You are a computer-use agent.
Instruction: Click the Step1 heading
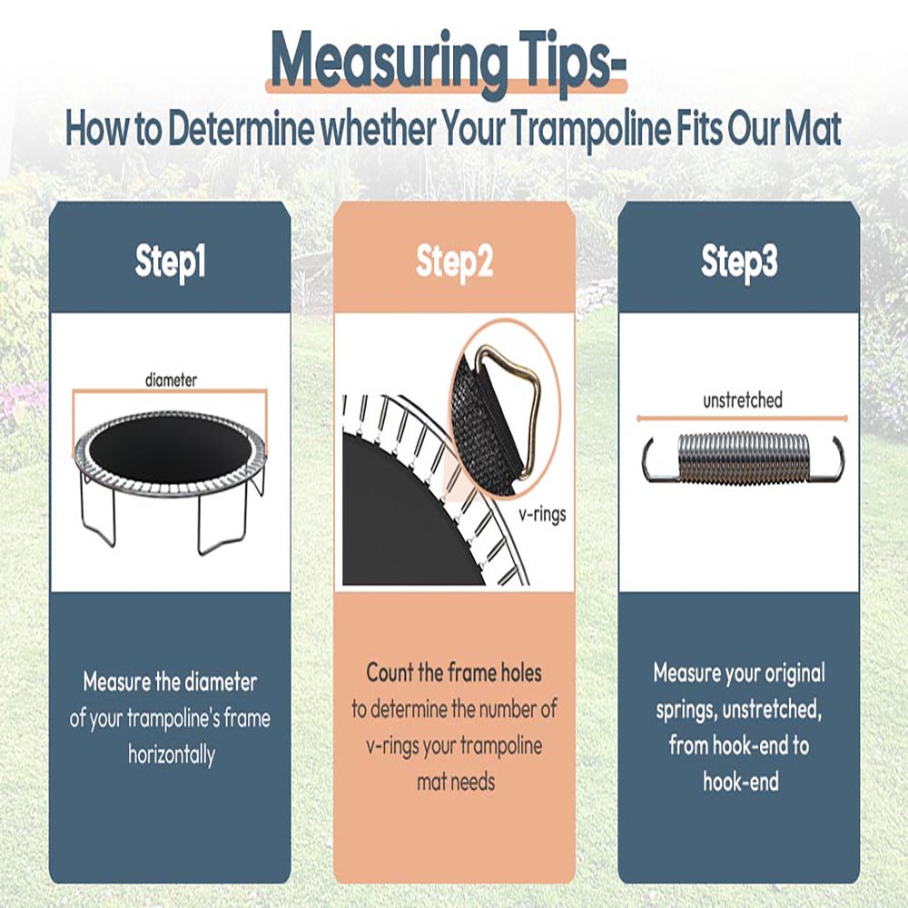click(171, 262)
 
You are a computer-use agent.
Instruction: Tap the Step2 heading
click(455, 262)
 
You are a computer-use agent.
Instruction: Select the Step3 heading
click(739, 262)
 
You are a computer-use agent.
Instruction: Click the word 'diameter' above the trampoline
click(171, 380)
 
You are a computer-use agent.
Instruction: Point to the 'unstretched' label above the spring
click(743, 400)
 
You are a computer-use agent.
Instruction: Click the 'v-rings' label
click(543, 514)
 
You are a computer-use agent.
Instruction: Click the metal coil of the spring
click(743, 459)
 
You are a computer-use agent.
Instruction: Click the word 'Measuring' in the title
click(389, 60)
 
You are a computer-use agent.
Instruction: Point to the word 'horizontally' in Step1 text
click(172, 755)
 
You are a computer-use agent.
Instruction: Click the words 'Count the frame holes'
click(455, 672)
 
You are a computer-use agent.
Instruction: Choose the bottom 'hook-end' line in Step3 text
click(741, 781)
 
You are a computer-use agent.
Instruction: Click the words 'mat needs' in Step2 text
click(456, 783)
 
